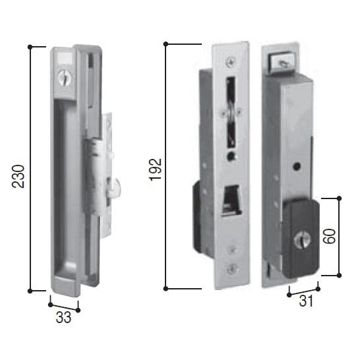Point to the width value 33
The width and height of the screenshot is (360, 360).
coord(63,317)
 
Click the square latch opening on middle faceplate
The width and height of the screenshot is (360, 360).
coord(230,201)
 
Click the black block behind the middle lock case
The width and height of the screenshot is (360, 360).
coord(197,218)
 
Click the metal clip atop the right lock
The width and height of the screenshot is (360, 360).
coord(281,63)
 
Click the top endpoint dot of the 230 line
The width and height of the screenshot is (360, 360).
coord(30,47)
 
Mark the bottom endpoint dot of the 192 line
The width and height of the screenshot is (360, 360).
coord(166,288)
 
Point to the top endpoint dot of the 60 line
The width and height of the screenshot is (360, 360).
coord(339,198)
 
